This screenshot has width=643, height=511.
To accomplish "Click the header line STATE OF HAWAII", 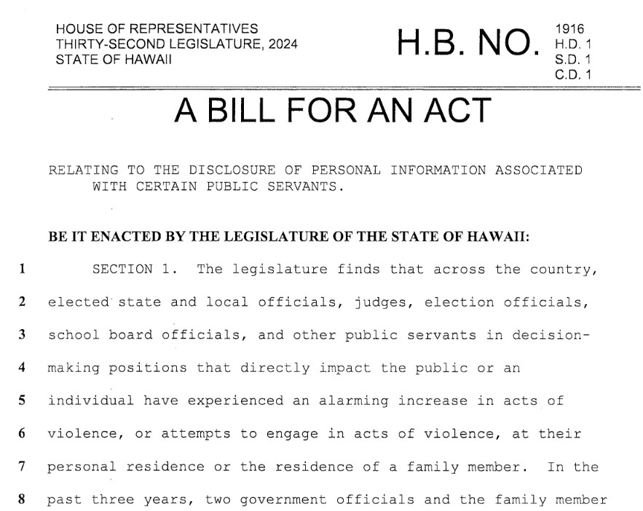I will coord(114,58).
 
